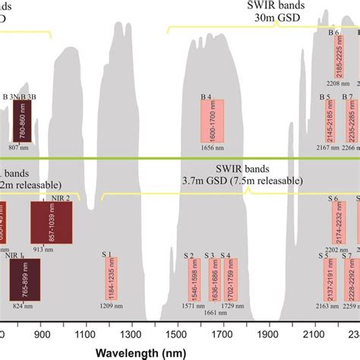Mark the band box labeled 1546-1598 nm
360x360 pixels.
pos(191,280)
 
